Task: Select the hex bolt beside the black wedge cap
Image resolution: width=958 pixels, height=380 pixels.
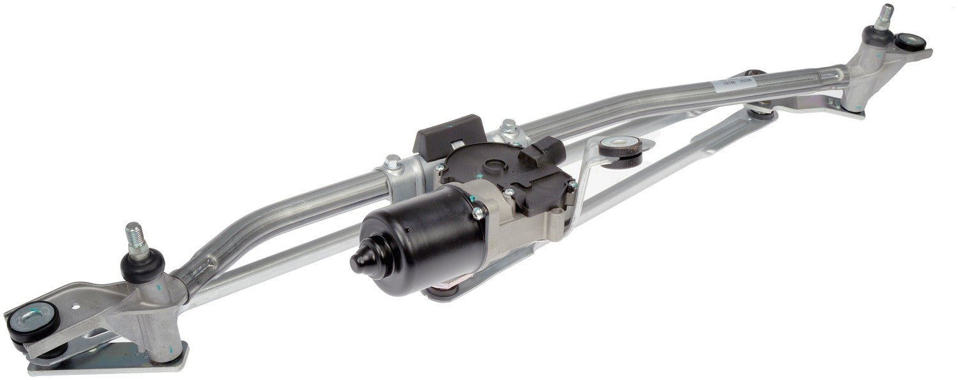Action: click(508, 126)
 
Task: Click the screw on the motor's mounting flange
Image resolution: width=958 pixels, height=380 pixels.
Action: click(475, 212)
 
